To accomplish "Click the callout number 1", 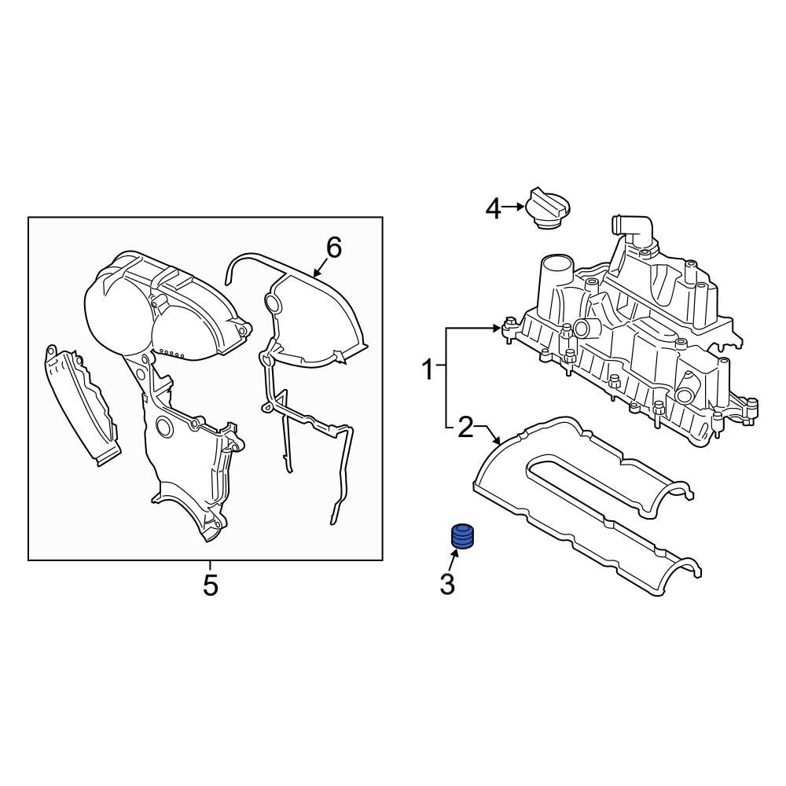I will click(x=428, y=369).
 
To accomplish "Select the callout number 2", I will click(x=465, y=428).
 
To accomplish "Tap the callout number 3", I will click(x=447, y=584).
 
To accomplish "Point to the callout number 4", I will click(x=493, y=209).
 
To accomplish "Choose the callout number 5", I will click(x=210, y=585).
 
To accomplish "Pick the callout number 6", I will click(x=334, y=248).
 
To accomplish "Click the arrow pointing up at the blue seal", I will click(x=454, y=560).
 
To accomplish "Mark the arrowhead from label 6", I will click(x=315, y=275).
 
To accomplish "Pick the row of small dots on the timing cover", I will click(x=172, y=353).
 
